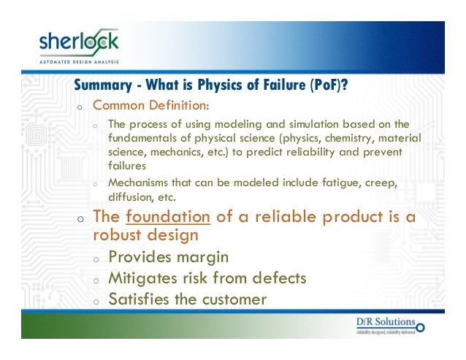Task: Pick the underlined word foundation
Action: pos(169,218)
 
